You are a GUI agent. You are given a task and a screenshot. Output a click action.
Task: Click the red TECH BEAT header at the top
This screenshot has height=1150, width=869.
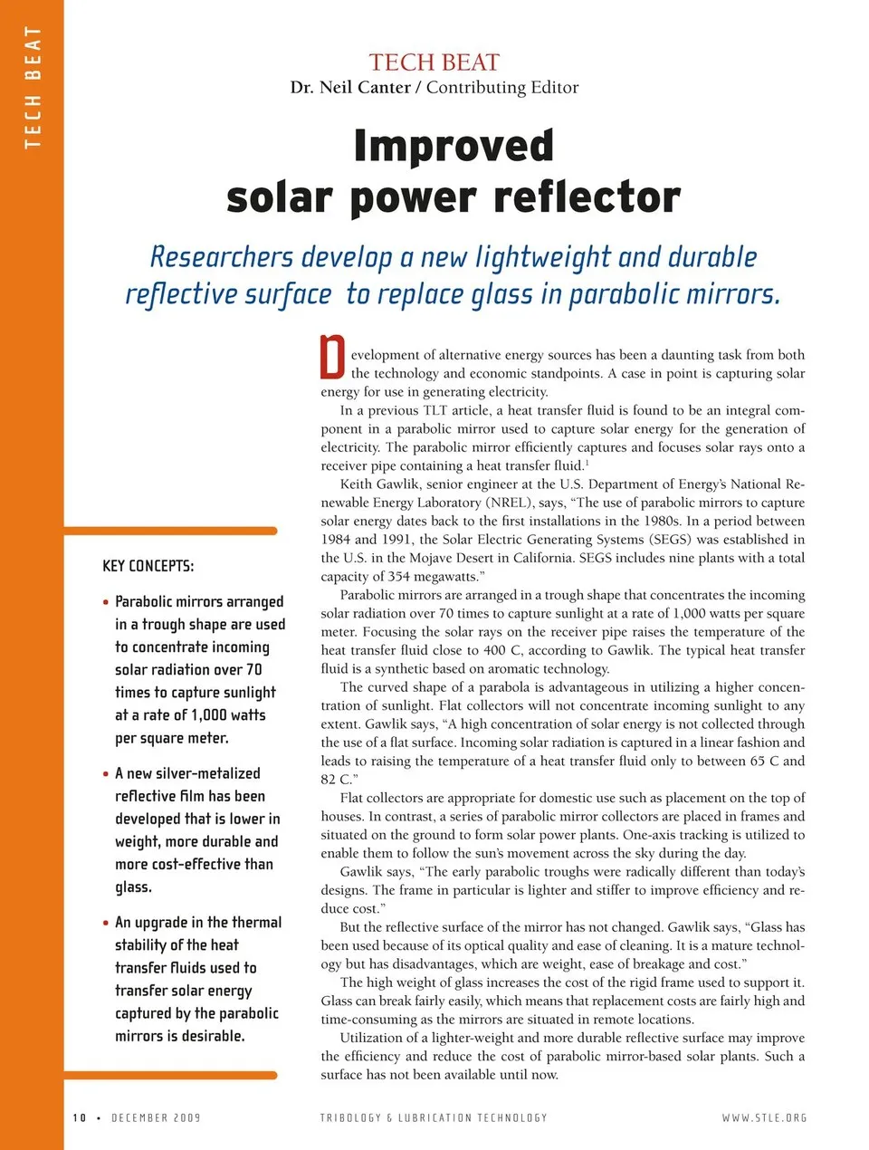pyautogui.click(x=434, y=62)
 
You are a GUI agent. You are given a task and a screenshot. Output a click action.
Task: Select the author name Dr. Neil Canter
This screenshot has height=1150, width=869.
pyautogui.click(x=350, y=88)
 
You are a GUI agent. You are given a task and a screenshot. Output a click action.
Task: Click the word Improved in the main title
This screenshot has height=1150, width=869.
pyautogui.click(x=454, y=147)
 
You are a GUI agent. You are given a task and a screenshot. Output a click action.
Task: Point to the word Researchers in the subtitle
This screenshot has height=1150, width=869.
pyautogui.click(x=221, y=257)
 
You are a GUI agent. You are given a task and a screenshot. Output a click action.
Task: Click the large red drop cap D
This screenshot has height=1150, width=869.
pyautogui.click(x=333, y=358)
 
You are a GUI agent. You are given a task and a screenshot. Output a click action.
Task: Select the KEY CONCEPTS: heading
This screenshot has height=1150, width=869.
pyautogui.click(x=148, y=566)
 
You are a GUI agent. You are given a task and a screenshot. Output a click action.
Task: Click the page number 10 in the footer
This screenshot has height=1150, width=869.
pyautogui.click(x=80, y=1118)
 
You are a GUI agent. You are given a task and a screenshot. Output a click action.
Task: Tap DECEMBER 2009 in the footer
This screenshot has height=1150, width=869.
pyautogui.click(x=156, y=1118)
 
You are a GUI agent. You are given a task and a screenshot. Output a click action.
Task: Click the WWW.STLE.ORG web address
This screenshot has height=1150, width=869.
pyautogui.click(x=764, y=1118)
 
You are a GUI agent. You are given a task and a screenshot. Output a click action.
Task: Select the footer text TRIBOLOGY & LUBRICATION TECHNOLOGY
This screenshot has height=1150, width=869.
pyautogui.click(x=434, y=1118)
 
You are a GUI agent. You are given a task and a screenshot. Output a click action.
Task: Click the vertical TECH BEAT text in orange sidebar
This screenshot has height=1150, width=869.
pyautogui.click(x=33, y=87)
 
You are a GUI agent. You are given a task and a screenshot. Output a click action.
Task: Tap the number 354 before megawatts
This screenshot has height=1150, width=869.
pyautogui.click(x=398, y=577)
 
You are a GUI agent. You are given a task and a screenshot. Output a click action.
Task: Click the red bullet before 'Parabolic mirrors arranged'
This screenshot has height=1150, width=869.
pyautogui.click(x=106, y=602)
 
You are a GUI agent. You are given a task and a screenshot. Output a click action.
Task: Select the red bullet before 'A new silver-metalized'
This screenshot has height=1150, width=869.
pyautogui.click(x=106, y=774)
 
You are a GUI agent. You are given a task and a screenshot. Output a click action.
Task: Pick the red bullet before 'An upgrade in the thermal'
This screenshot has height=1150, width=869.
pyautogui.click(x=106, y=923)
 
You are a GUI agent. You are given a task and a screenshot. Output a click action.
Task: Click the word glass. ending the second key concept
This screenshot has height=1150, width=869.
pyautogui.click(x=133, y=887)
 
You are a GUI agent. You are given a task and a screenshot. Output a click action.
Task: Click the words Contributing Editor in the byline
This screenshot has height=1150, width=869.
pyautogui.click(x=502, y=88)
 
